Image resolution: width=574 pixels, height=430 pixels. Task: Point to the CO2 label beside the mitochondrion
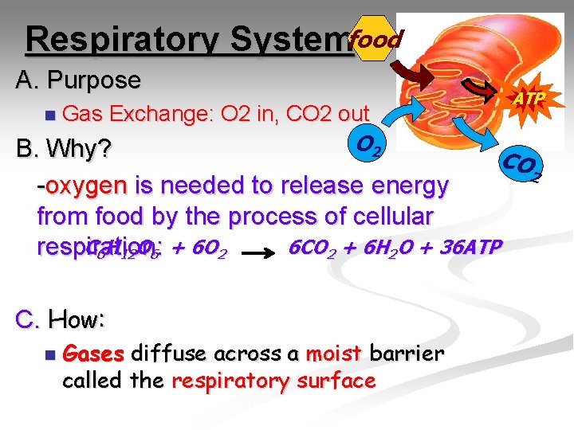coord(523,166)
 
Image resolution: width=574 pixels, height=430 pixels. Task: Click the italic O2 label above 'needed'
coord(370,145)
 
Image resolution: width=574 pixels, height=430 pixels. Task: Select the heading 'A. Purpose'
coord(78,80)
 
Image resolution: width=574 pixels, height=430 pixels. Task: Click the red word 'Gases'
coord(92,353)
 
